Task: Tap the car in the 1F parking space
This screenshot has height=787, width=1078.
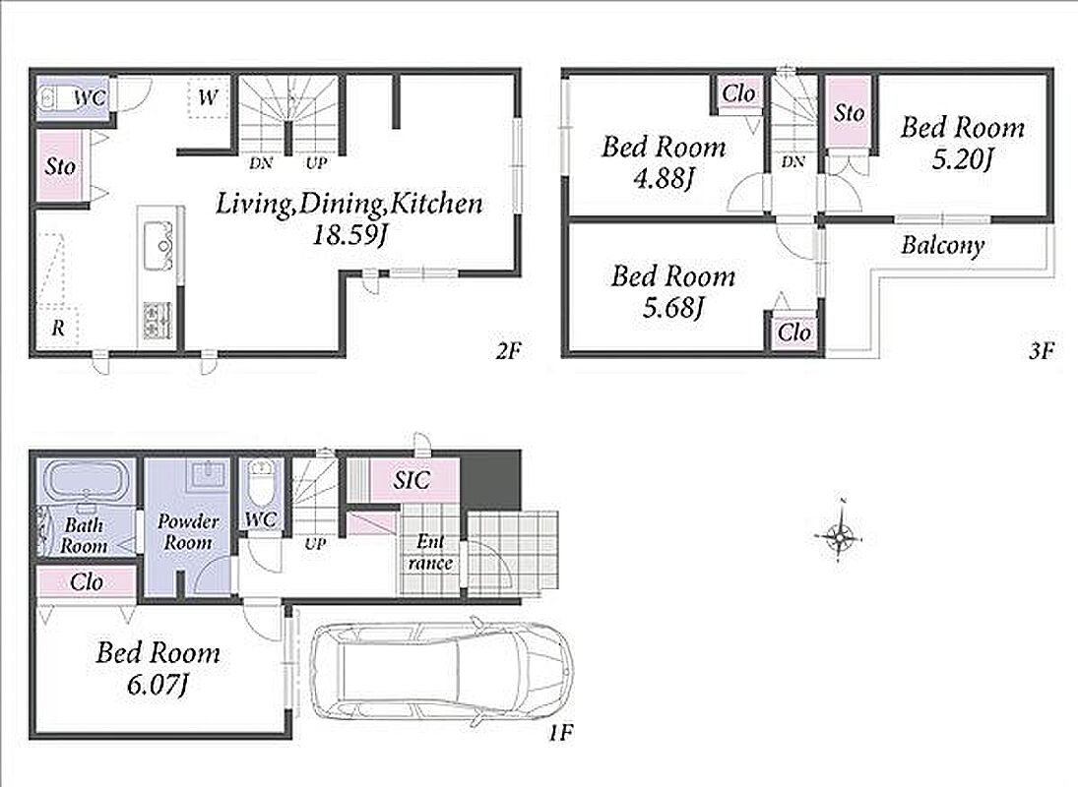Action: pos(441,673)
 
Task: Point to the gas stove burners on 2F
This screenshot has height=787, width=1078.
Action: pos(159,320)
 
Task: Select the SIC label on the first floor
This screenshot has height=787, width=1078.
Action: pos(412,480)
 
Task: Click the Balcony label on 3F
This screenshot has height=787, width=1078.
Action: pos(942,246)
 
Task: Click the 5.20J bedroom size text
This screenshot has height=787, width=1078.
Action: pos(963,160)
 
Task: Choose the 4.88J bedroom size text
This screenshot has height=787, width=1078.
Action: pos(664,179)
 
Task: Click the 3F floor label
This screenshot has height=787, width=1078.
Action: pos(1041,351)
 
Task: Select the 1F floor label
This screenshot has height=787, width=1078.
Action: pos(560,734)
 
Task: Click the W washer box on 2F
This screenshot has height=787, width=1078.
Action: pos(209,97)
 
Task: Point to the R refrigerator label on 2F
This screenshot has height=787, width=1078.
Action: pos(58,329)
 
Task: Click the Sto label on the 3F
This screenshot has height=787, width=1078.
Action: pos(849,112)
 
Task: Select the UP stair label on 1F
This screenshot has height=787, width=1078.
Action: pos(315,545)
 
